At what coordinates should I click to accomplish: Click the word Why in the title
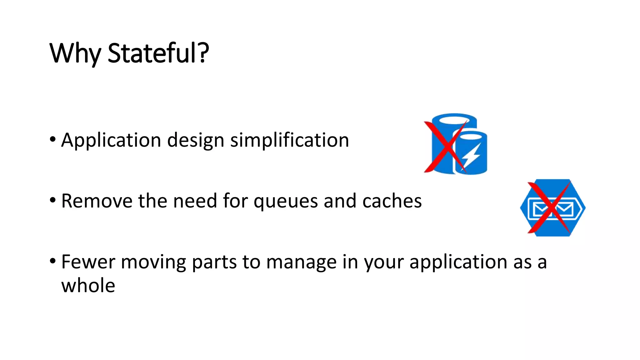(75, 53)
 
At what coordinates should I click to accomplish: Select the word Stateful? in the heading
(158, 53)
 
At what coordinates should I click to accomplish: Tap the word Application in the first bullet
(111, 140)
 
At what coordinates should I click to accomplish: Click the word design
(196, 140)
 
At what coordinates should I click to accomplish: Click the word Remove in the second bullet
(97, 201)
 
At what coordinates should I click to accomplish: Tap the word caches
(392, 201)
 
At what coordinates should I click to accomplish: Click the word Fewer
(88, 262)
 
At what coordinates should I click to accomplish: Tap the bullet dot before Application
(53, 139)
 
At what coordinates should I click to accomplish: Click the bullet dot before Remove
(53, 200)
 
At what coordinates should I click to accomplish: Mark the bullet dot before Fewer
(53, 261)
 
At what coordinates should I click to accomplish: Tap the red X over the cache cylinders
(445, 147)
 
